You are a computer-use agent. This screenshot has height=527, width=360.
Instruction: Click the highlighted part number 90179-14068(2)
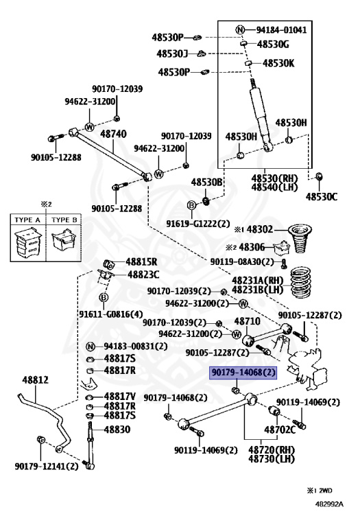coord(243,373)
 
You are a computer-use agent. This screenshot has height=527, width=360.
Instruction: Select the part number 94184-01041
coord(281,30)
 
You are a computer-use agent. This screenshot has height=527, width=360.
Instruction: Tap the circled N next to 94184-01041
coord(240,30)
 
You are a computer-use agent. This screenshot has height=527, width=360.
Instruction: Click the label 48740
coord(114,134)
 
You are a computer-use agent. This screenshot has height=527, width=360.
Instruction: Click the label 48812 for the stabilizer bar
coord(35,380)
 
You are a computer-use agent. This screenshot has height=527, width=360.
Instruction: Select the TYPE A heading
coord(27,220)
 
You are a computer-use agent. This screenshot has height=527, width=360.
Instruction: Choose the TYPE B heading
coord(64,220)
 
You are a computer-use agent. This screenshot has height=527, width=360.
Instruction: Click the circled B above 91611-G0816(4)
coord(104,297)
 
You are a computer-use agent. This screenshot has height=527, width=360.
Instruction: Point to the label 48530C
coord(321,197)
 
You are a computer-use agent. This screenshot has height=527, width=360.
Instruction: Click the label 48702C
coord(280,430)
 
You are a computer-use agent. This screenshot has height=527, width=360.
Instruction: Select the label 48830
coord(117,430)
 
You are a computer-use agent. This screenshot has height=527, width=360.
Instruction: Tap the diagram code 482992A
coord(329,504)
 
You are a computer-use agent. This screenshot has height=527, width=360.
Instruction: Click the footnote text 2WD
coord(325,491)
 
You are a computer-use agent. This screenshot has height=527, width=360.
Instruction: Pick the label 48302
coord(260,230)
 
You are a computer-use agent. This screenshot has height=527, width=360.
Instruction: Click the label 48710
coord(247,321)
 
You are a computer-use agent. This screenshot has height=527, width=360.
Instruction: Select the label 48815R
coord(141,261)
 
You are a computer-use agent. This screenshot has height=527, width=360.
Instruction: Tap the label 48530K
coord(278,63)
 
